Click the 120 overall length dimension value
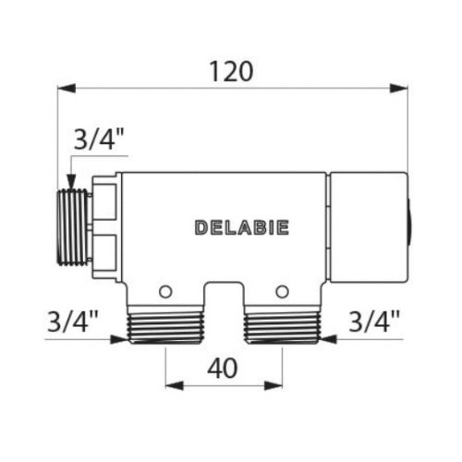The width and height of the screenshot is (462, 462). pos(232,70)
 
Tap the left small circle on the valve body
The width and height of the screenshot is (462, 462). pos(165,292)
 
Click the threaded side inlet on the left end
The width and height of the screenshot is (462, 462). pos(75,229)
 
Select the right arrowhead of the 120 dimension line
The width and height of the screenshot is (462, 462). pos(400,90)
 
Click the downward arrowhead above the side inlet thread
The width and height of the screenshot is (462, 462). pos(70,182)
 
